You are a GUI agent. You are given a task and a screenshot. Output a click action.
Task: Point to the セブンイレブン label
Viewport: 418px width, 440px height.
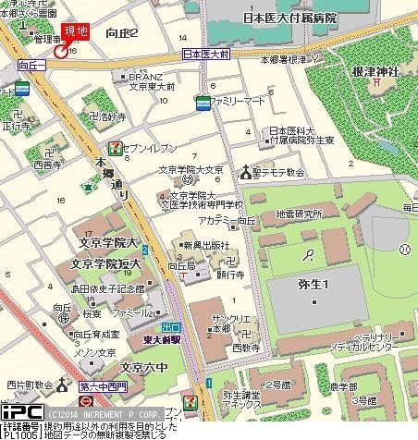[143, 148]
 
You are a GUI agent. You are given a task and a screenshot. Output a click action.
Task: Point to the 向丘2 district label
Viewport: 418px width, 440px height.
[122, 33]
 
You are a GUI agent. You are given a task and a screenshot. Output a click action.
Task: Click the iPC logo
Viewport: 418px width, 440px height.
[19, 411]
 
